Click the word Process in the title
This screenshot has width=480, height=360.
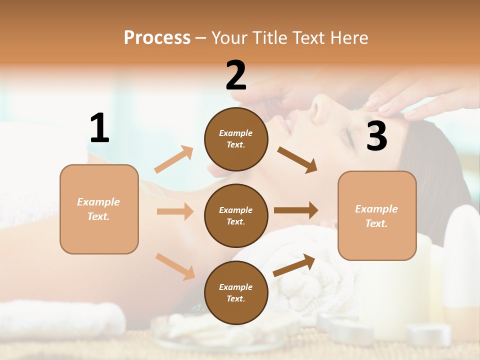[157, 37]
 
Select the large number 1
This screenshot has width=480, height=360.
[99, 128]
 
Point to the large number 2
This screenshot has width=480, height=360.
[236, 76]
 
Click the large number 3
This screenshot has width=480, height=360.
[376, 136]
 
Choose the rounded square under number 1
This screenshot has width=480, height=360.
[99, 209]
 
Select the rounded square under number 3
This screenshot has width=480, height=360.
[377, 215]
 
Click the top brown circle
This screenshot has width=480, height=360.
[236, 139]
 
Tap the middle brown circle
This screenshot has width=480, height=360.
[236, 215]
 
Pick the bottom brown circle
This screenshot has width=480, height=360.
[236, 292]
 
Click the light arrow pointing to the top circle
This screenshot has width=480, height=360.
[174, 159]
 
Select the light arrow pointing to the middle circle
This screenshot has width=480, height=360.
[175, 211]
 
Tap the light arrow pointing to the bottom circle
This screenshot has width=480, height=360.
[175, 266]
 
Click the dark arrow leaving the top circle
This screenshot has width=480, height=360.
[297, 160]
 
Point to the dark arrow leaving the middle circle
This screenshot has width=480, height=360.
[296, 210]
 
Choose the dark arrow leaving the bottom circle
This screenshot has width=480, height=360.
[294, 265]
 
